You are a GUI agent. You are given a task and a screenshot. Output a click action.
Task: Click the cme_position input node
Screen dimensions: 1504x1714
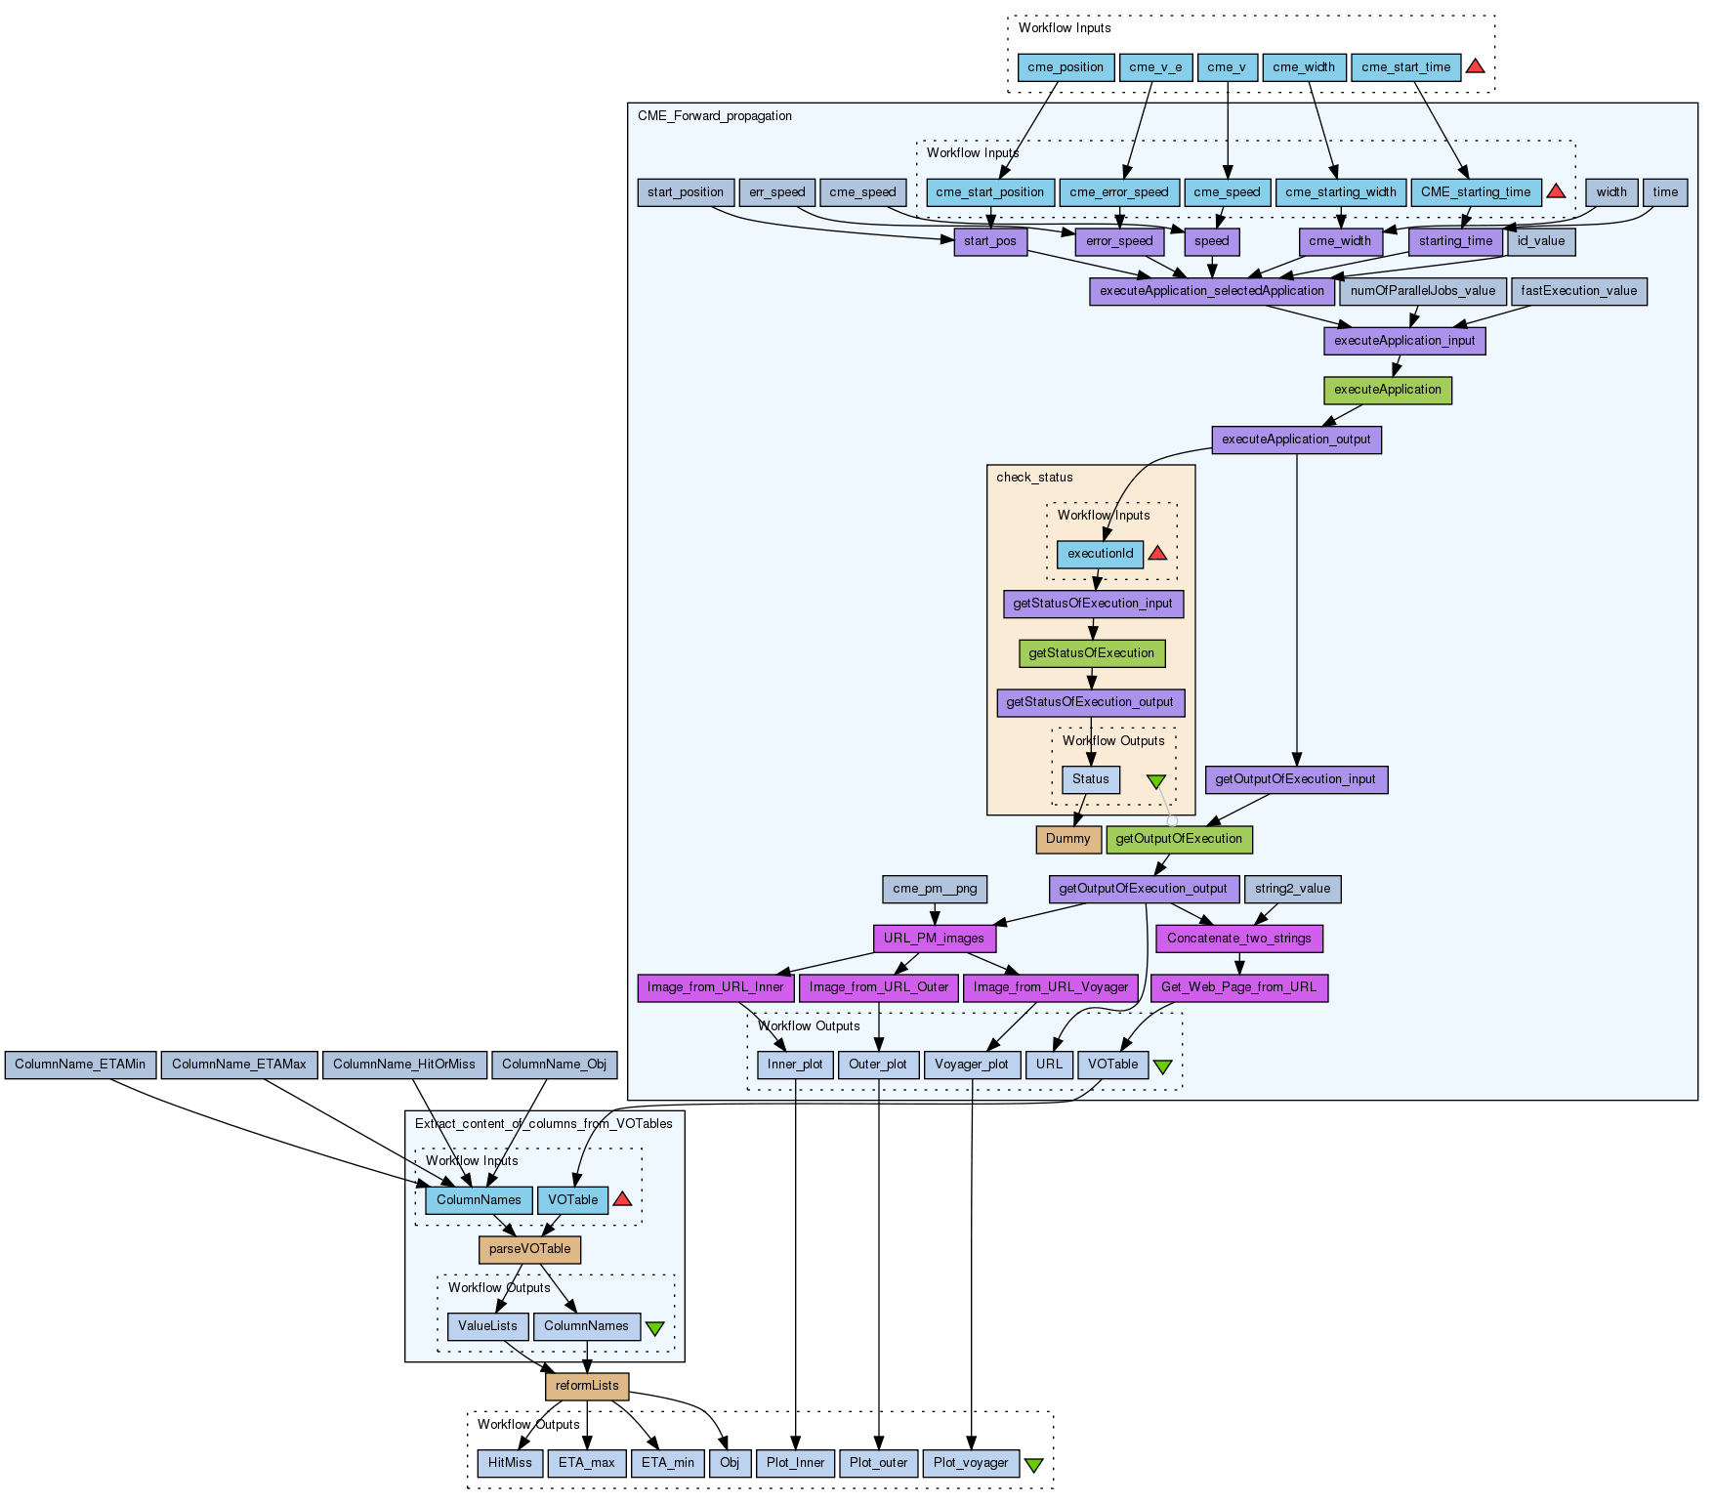[x=1066, y=67]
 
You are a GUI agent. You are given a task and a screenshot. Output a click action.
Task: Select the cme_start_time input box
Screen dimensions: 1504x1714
[x=1405, y=67]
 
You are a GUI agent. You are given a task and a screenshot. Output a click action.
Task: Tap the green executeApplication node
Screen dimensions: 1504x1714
[x=1387, y=390]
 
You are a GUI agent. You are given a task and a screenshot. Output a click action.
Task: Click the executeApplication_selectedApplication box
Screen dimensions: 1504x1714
[x=1211, y=291]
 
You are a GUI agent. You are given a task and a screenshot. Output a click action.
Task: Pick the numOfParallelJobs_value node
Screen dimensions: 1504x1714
[x=1422, y=291]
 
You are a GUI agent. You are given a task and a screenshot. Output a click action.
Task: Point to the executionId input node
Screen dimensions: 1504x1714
[x=1100, y=554]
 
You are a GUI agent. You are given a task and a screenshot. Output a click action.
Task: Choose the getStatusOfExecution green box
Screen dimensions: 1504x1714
[x=1091, y=653]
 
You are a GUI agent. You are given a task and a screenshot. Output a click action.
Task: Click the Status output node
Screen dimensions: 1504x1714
[x=1090, y=779]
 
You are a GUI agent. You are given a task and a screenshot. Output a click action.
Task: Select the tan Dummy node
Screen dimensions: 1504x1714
[x=1067, y=839]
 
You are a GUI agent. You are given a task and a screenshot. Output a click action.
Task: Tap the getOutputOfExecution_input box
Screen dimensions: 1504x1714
[x=1295, y=779]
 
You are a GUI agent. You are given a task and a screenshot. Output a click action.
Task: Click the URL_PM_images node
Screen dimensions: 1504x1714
[x=934, y=939]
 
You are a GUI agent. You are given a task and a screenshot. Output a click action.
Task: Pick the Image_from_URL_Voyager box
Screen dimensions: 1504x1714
[x=1051, y=987]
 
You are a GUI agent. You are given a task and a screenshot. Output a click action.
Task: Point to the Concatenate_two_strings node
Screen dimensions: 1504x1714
[x=1238, y=939]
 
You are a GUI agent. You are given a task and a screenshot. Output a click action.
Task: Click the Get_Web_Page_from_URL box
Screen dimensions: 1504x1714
[x=1238, y=987]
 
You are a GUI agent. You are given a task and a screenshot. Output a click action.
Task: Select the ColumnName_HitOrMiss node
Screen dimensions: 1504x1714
[x=404, y=1065]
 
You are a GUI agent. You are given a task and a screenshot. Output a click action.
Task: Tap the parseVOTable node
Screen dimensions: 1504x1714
[x=529, y=1249]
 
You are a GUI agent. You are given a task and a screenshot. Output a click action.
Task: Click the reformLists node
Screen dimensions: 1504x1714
[x=587, y=1386]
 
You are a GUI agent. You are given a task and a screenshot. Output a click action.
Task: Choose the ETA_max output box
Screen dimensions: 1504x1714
[x=587, y=1463]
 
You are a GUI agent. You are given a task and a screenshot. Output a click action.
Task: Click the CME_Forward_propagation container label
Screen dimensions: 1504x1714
[x=715, y=116]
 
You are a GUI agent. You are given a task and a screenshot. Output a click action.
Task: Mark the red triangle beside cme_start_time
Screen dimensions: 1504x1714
[x=1476, y=66]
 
